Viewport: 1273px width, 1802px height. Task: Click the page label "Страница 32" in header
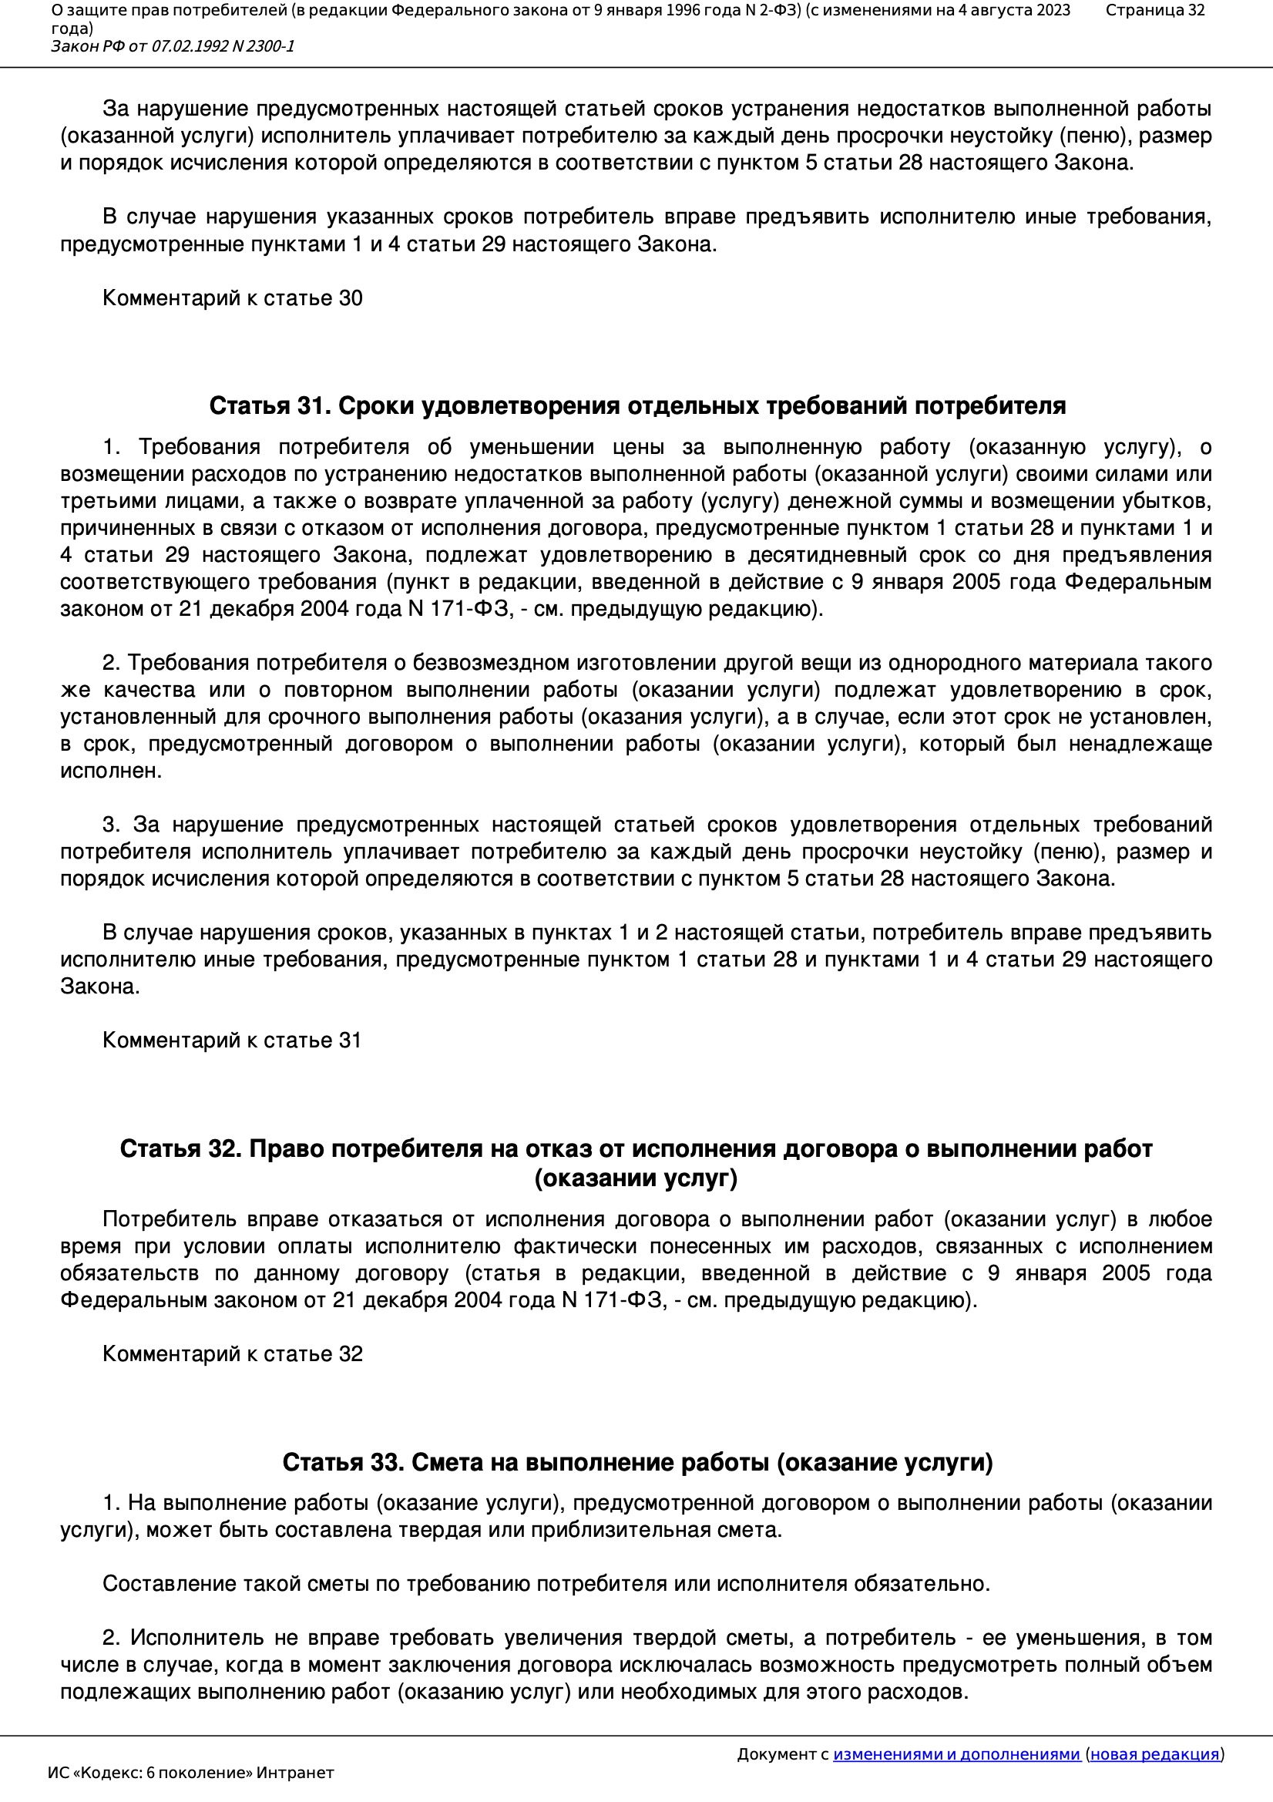click(1154, 10)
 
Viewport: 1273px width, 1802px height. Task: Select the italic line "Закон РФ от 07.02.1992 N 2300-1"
click(173, 46)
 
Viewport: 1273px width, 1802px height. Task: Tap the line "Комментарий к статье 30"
click(232, 298)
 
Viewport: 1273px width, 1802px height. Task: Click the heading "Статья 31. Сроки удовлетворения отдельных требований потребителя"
click(636, 405)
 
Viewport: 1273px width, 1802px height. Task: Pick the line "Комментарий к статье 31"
click(231, 1040)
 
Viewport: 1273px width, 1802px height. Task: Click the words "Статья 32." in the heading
click(180, 1149)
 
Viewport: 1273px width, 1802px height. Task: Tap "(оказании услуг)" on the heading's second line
click(636, 1178)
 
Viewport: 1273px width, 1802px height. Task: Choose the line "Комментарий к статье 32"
click(232, 1354)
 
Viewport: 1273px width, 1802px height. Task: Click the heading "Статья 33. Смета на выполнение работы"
click(636, 1462)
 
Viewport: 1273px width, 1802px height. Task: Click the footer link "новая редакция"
click(1154, 1754)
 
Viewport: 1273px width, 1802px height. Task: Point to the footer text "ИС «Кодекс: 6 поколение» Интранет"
click(190, 1773)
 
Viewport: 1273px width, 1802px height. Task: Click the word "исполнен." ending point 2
click(111, 771)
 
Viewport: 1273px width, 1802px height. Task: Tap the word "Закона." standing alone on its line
click(99, 987)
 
